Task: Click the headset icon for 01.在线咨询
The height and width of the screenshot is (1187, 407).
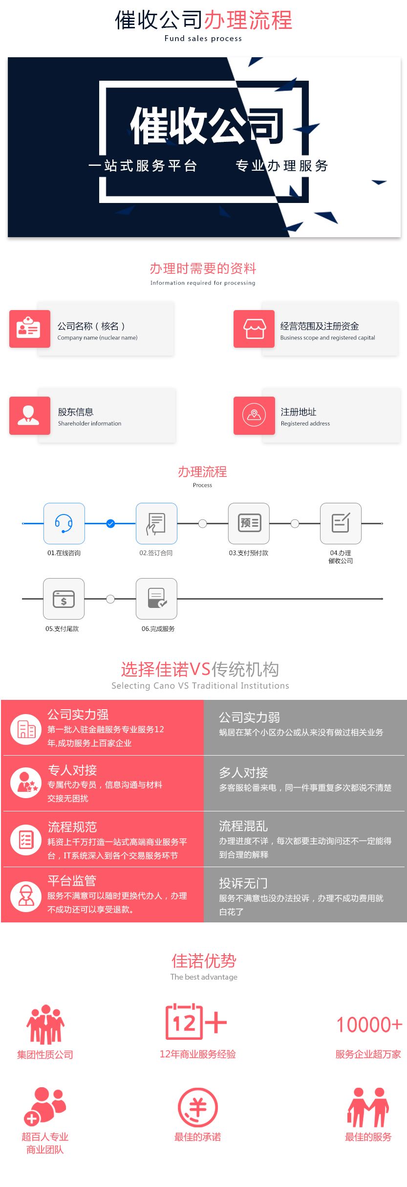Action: [x=64, y=523]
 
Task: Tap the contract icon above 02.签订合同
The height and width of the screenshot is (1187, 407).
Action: [x=156, y=523]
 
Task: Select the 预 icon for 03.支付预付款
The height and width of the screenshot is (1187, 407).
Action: [x=249, y=523]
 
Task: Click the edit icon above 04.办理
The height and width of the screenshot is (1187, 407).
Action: [x=341, y=523]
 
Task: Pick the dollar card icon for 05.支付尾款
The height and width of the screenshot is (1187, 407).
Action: [x=64, y=599]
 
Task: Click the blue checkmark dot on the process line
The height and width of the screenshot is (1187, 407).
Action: [x=110, y=524]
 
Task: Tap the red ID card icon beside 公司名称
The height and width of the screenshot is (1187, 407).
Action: [x=29, y=329]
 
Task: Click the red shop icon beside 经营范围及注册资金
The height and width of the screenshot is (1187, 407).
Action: [x=254, y=329]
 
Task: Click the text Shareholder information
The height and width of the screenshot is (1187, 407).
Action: [x=89, y=424]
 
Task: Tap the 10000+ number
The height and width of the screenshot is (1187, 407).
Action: [x=369, y=1025]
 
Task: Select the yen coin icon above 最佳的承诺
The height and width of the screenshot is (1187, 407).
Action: [x=197, y=1107]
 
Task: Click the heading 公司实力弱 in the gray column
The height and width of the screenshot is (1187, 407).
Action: [x=249, y=717]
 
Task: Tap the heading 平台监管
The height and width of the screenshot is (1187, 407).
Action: [x=72, y=881]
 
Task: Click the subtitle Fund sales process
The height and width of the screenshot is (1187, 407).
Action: [x=203, y=38]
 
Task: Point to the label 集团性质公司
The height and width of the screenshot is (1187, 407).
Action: [x=45, y=1054]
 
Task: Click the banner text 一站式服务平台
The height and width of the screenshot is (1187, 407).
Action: [x=143, y=166]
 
